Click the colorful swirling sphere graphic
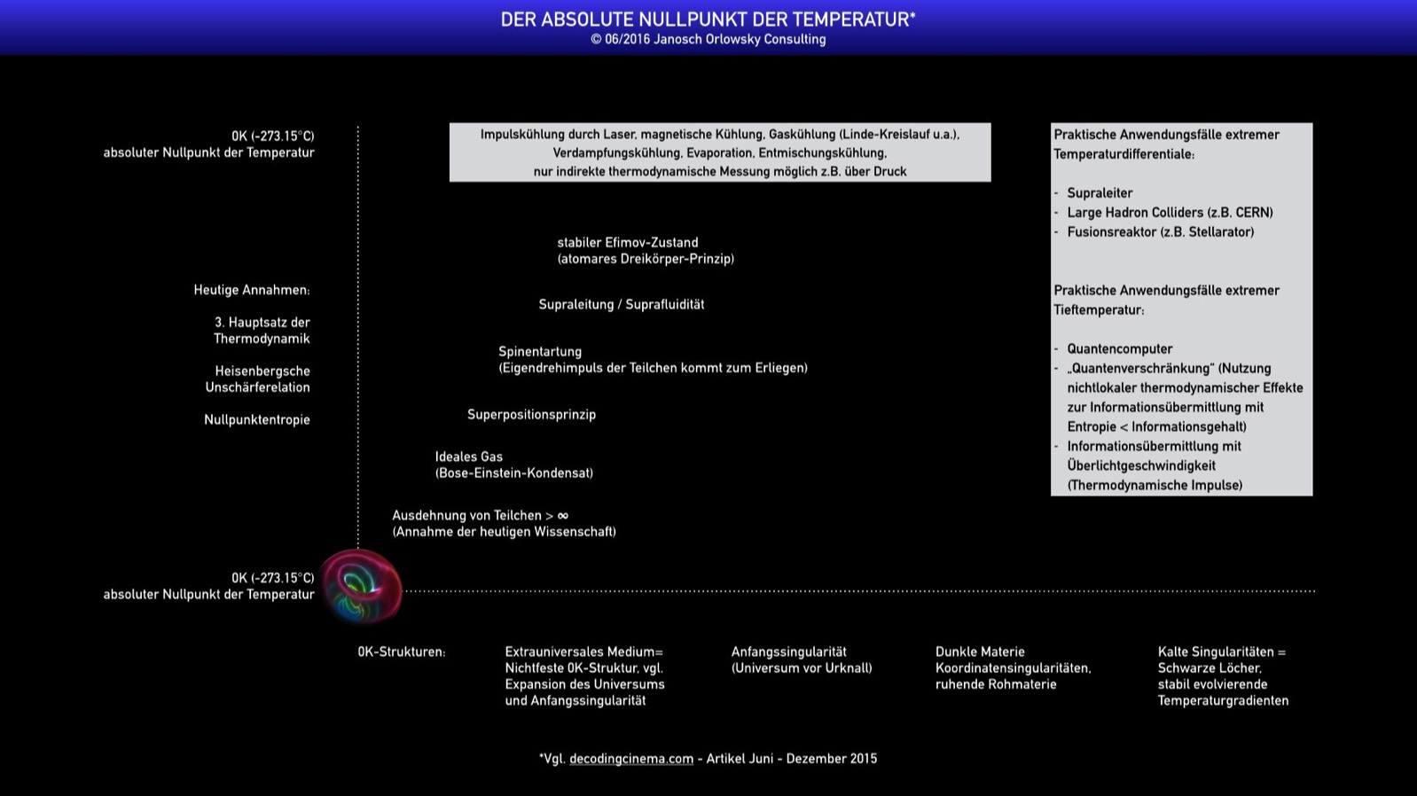point(361,587)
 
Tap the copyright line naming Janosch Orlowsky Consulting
point(708,40)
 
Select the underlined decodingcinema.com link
point(630,759)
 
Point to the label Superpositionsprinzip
point(531,415)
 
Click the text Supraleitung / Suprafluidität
point(621,305)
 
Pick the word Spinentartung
point(540,352)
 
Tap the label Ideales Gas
point(468,457)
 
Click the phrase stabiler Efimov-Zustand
point(627,243)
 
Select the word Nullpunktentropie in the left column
point(257,420)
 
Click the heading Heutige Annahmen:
point(252,291)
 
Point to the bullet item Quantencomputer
point(1119,349)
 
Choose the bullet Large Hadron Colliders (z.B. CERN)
point(1170,213)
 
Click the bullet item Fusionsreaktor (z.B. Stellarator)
point(1160,232)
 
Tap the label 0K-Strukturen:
point(402,652)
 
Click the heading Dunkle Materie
point(980,652)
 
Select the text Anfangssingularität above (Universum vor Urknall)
point(788,652)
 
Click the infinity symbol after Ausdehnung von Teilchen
point(562,516)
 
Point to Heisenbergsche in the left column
point(262,371)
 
